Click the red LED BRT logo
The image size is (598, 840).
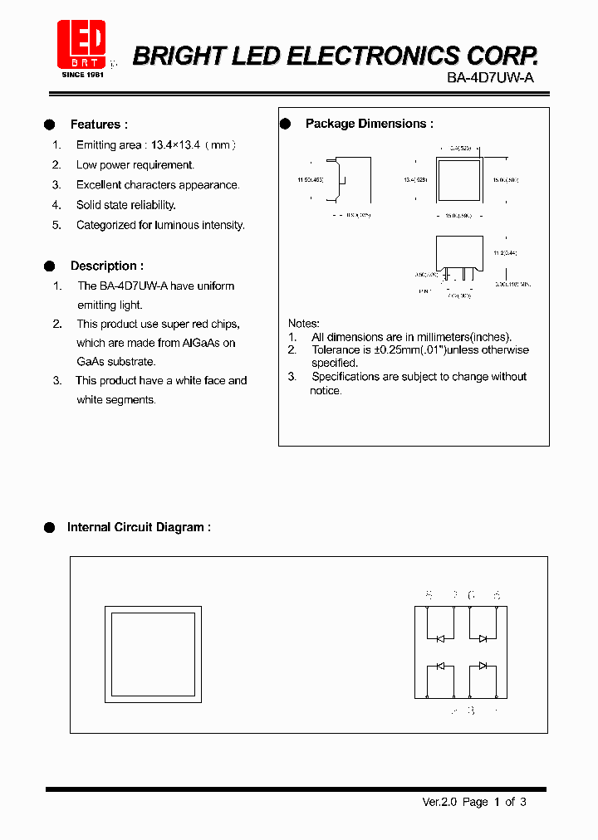click(x=81, y=43)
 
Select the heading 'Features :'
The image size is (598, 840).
click(x=99, y=125)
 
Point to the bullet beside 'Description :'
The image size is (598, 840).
click(x=50, y=266)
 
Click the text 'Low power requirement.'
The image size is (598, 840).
click(x=135, y=165)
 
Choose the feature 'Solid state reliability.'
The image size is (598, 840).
click(x=126, y=205)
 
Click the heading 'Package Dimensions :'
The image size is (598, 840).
click(x=370, y=124)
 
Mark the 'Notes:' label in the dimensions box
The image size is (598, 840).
click(x=304, y=323)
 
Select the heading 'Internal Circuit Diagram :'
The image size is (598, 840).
click(x=139, y=527)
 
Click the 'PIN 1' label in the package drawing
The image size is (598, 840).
click(x=425, y=292)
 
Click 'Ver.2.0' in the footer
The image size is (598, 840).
click(x=439, y=802)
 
